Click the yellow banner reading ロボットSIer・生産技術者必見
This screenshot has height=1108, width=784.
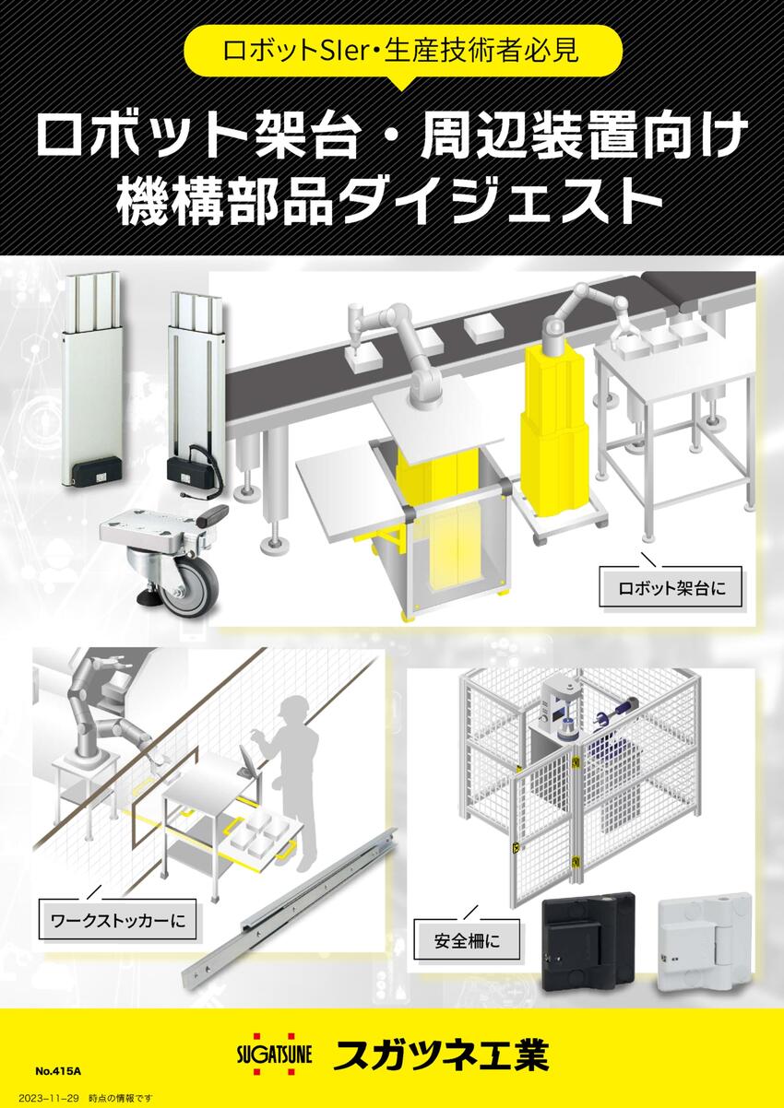401,52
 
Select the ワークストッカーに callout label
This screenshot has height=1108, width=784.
118,920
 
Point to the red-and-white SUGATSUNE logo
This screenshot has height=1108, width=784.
274,1052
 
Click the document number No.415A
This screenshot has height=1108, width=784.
58,1072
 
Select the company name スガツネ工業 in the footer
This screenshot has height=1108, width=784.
442,1055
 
